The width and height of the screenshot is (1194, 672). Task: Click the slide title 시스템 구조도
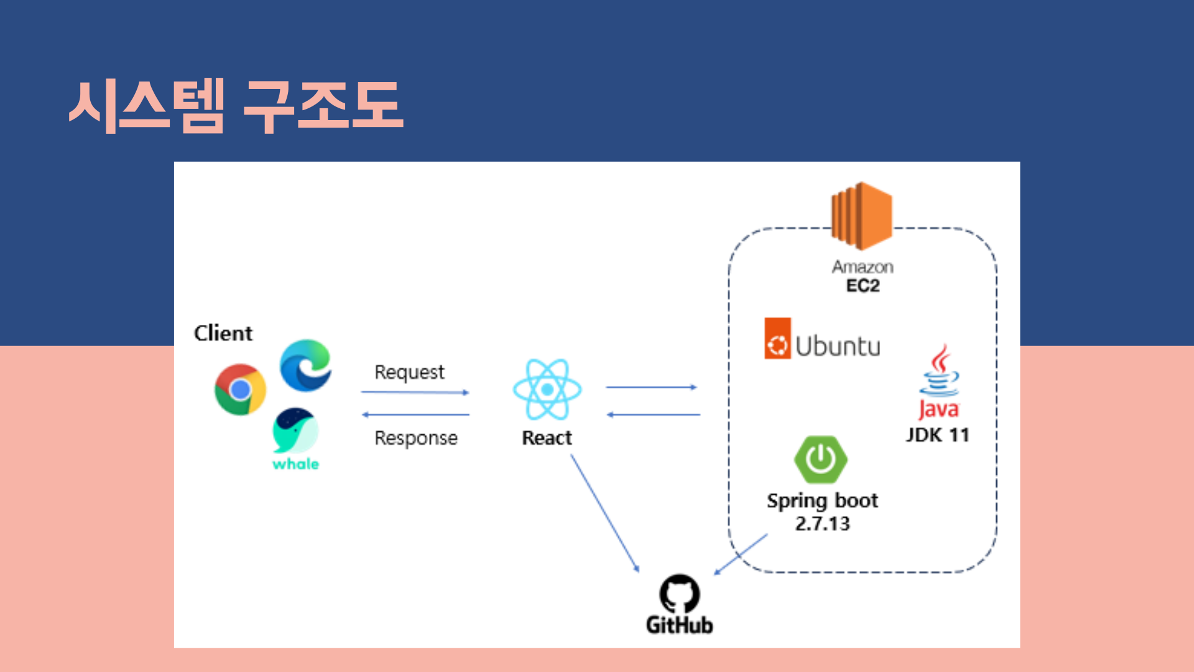pos(236,106)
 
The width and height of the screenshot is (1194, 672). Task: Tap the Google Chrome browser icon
pos(240,390)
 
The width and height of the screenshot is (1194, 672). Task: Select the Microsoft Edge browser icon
pos(305,366)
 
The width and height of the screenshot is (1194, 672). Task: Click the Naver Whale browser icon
pos(295,431)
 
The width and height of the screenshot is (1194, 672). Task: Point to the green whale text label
pos(295,464)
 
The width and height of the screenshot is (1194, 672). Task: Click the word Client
pos(223,334)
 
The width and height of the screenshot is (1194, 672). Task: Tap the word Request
pos(409,372)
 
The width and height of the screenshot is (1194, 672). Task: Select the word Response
pos(415,438)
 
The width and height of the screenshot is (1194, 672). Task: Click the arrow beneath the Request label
pos(415,393)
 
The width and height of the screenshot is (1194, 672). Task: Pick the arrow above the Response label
pos(415,414)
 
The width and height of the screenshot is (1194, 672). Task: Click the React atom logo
pos(547,390)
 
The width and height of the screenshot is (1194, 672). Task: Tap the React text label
pos(547,438)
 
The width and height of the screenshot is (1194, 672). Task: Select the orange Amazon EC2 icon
pos(862,215)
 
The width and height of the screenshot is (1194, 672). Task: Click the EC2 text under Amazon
pos(863,286)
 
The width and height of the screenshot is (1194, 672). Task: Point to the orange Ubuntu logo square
pos(777,339)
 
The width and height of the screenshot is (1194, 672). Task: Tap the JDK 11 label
pos(937,435)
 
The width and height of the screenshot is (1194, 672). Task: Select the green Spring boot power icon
pos(821,460)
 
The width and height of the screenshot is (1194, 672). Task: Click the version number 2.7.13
pos(822,524)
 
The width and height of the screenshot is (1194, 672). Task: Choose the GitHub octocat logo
pos(679,593)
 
